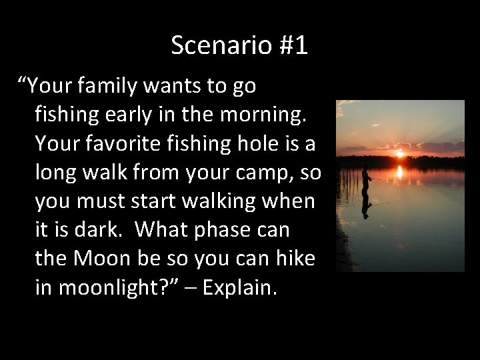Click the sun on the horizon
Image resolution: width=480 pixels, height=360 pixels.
(x=399, y=153)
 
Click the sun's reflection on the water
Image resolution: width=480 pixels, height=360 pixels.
(x=399, y=172)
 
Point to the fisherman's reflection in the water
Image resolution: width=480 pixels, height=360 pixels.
(x=365, y=207)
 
